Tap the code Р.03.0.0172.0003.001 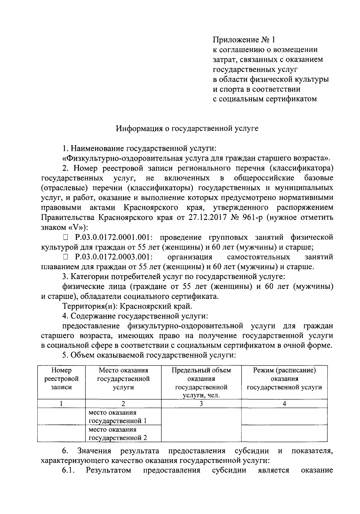(114, 257)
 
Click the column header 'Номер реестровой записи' (61, 379)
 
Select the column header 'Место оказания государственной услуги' (123, 379)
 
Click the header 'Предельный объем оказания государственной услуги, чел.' (201, 383)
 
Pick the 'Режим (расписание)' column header (284, 379)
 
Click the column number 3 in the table (201, 404)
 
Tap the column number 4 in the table (284, 404)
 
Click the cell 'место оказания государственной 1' (118, 416)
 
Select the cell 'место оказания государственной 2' (118, 433)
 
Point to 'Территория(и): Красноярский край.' (127, 306)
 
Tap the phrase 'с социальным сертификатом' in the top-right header (265, 99)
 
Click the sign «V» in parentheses (75, 227)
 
